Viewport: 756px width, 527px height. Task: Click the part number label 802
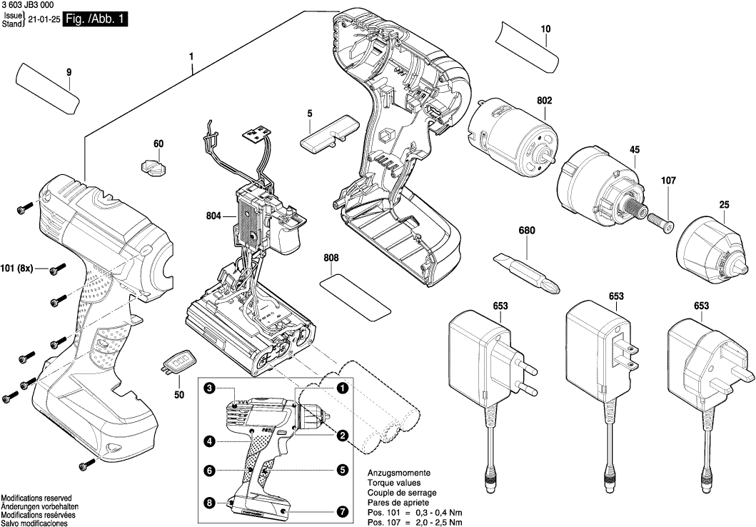click(544, 101)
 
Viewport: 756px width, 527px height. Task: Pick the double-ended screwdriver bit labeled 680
click(528, 272)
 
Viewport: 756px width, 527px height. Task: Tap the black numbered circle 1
click(343, 388)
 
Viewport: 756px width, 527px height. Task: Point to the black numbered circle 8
click(209, 503)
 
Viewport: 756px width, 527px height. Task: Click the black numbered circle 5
click(342, 470)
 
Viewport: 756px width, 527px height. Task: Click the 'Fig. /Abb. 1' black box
click(96, 20)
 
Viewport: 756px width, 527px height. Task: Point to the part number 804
click(212, 215)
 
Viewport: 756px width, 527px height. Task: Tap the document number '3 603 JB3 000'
click(30, 5)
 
